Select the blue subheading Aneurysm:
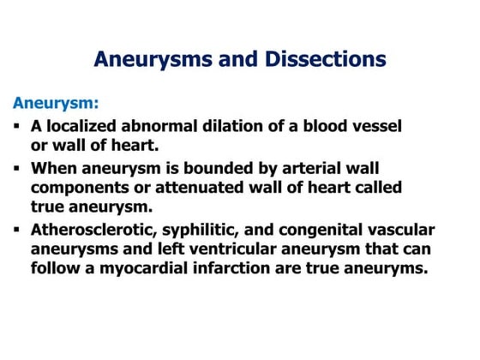pos(56,103)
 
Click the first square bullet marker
pos(18,125)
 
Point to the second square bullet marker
pos(18,168)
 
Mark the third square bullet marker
pos(18,230)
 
